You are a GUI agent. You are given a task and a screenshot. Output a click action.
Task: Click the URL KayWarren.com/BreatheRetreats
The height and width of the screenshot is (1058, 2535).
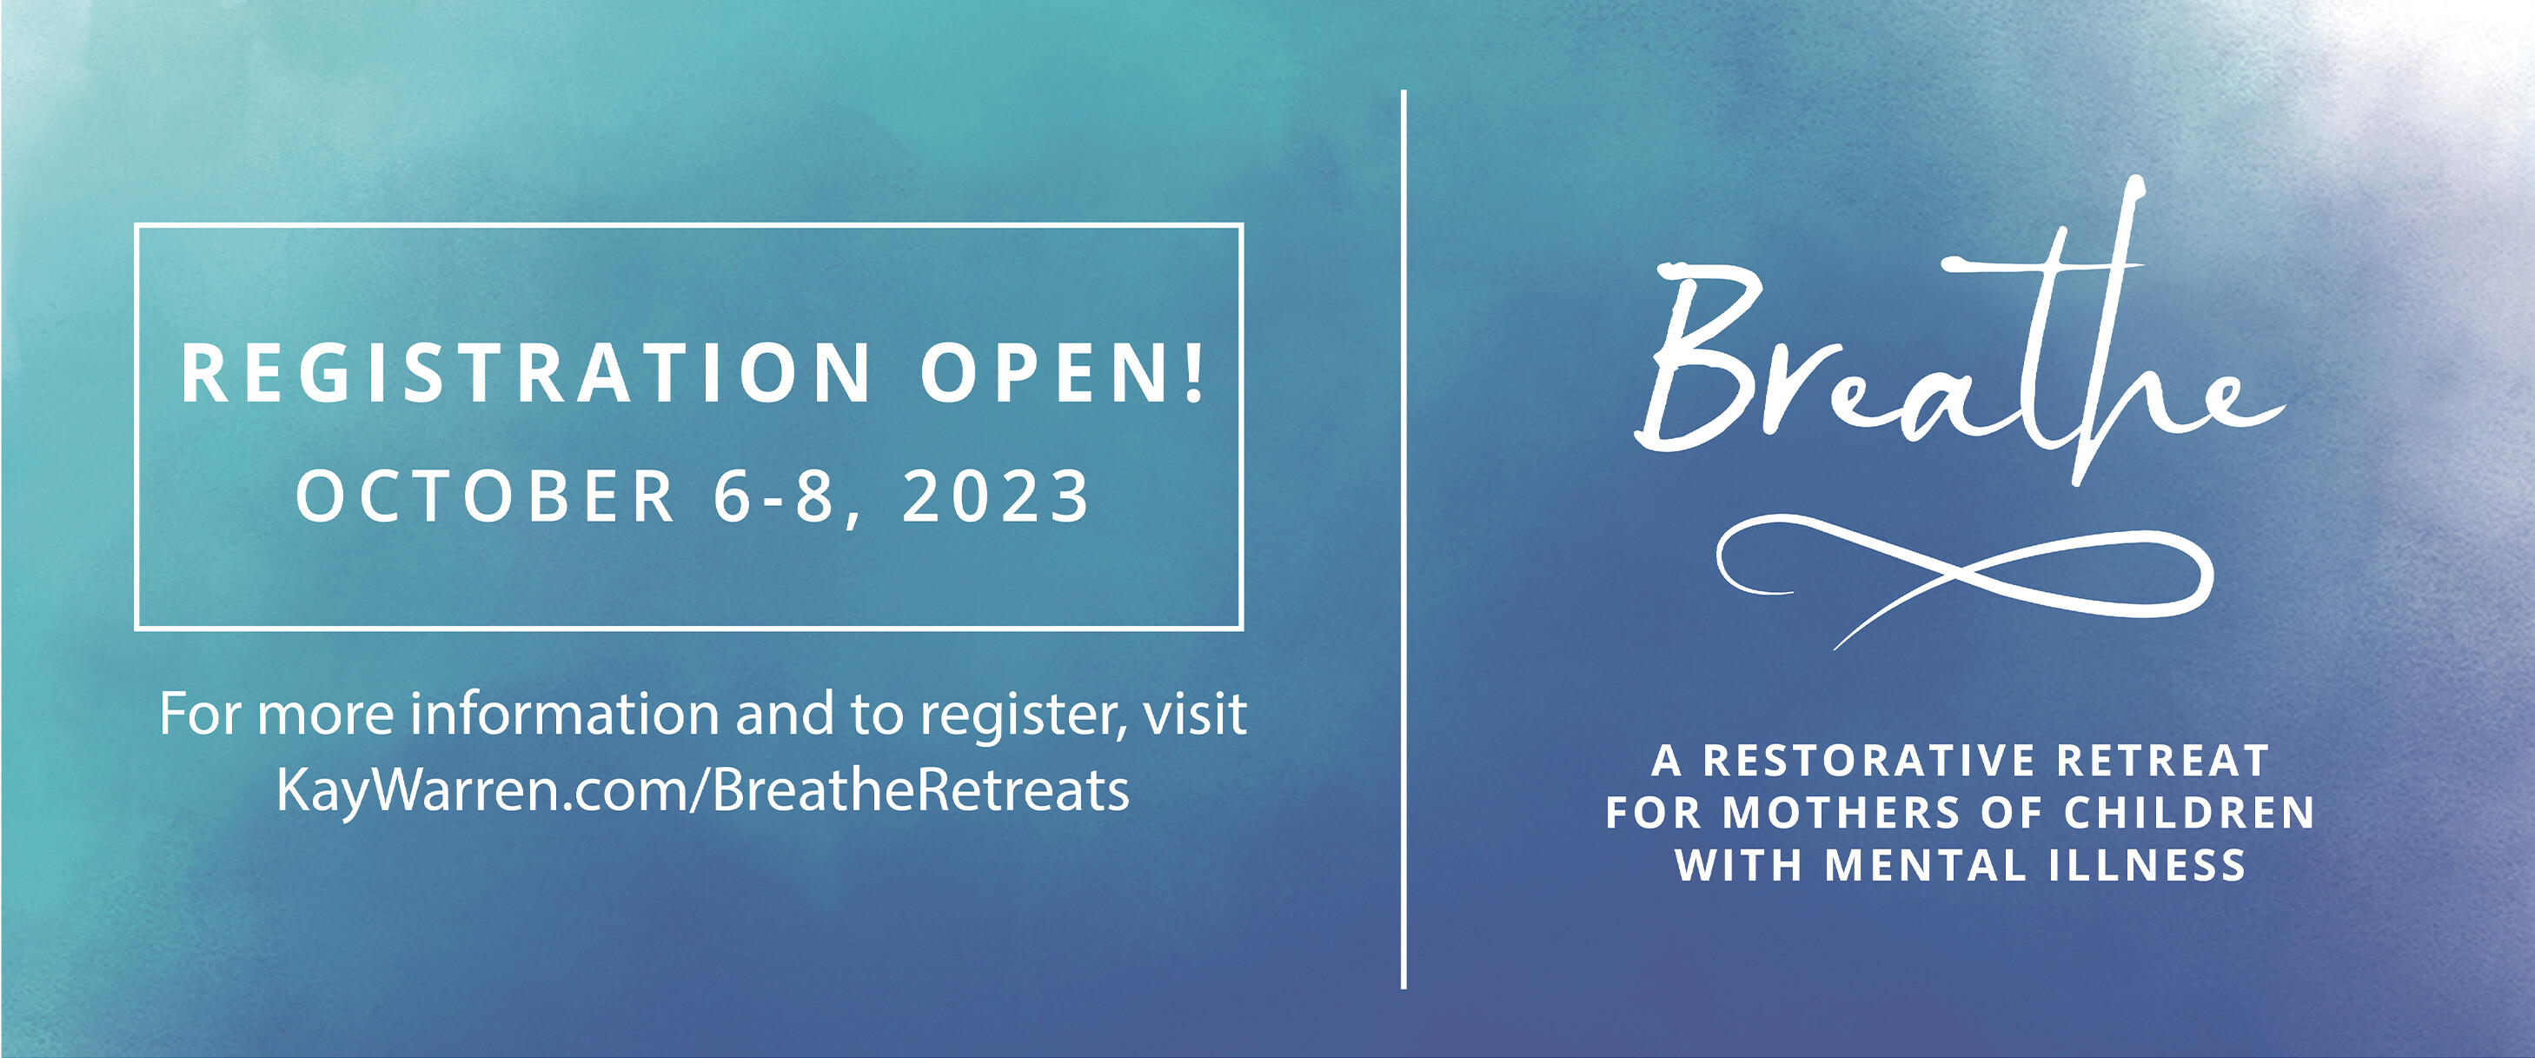[703, 790]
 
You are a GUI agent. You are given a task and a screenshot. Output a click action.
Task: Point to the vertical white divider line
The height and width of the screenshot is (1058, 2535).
[1404, 539]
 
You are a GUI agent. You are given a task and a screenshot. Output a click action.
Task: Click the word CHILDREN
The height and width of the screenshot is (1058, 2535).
[2190, 813]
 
